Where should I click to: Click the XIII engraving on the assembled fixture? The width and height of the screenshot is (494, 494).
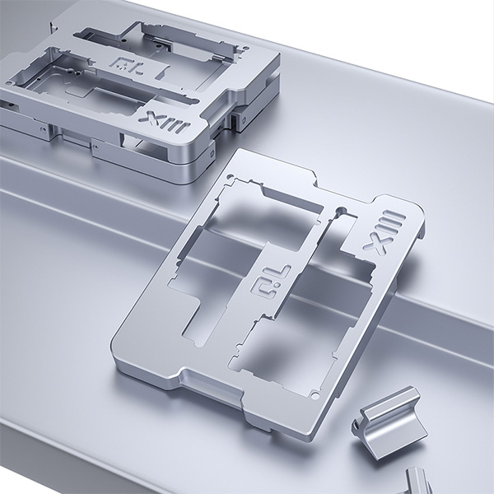[164, 123]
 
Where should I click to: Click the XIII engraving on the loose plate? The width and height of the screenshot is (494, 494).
[384, 232]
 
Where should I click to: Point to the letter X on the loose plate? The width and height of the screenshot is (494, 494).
[375, 245]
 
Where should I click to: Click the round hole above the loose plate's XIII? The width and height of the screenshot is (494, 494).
[341, 210]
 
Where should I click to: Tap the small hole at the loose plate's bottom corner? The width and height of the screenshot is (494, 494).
[315, 395]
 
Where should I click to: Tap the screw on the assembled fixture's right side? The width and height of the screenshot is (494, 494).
[243, 119]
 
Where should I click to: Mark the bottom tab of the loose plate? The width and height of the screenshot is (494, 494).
[210, 387]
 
